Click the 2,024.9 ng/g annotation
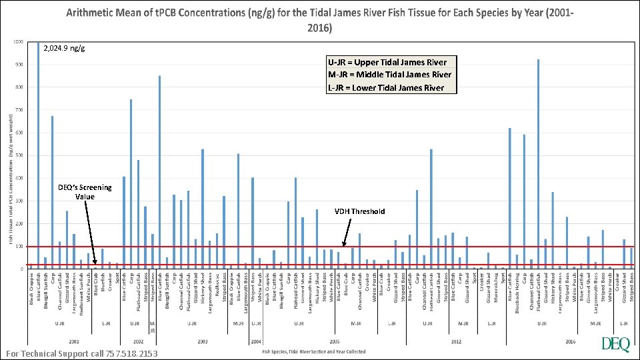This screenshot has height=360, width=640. point(64,48)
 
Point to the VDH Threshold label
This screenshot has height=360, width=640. point(359,211)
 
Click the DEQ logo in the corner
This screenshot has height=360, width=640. point(614,344)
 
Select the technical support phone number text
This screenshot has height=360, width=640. point(81,353)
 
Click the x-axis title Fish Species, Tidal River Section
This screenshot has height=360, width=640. point(313,351)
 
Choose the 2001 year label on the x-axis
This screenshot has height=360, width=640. point(73,341)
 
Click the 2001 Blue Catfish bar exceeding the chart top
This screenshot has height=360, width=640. point(38,153)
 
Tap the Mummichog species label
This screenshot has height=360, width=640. point(496,289)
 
